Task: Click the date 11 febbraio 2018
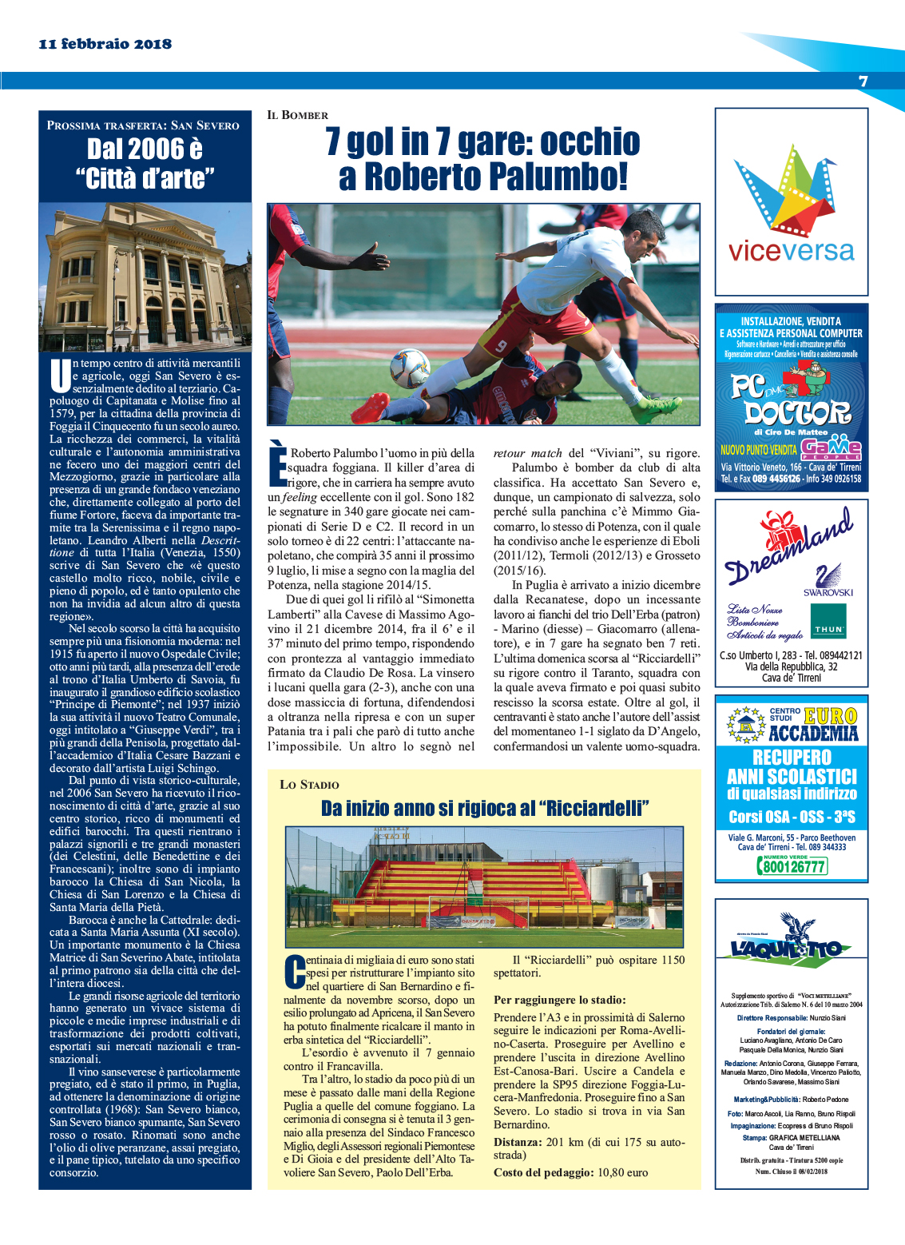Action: tap(105, 44)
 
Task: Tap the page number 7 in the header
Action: tap(863, 81)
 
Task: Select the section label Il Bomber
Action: tap(297, 115)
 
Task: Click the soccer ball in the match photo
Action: tap(410, 368)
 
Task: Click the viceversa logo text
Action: tap(791, 251)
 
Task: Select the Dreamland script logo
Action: tap(787, 543)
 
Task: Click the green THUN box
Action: tap(828, 621)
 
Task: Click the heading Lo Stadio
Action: tap(309, 785)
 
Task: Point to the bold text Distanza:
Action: tap(517, 1142)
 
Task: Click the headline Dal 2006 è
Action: tap(145, 149)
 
